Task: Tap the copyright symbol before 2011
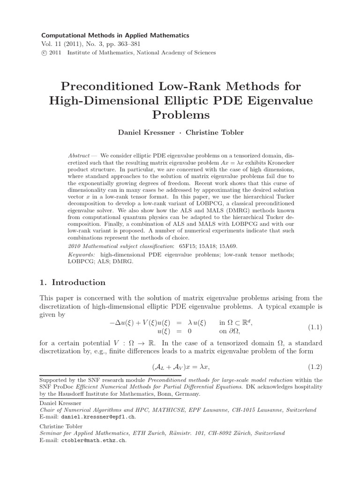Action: point(45,53)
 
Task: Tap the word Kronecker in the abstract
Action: point(273,161)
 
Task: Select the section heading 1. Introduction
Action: point(74,282)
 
